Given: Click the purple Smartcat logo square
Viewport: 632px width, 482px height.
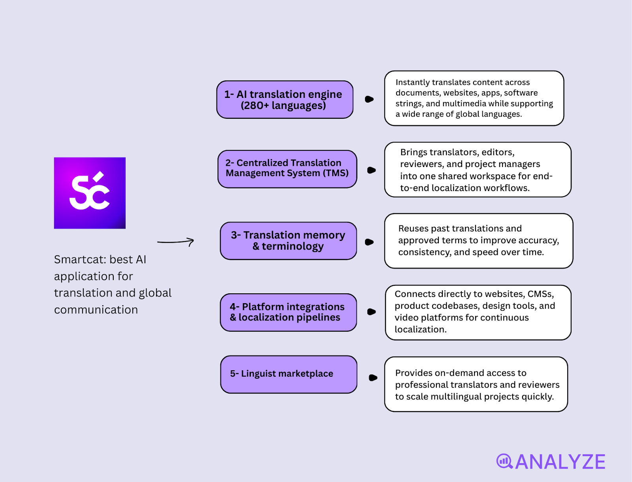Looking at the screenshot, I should coord(90,193).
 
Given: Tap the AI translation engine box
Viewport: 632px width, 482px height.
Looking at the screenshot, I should coord(285,99).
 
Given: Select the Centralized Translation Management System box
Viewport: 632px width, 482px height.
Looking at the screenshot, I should coord(287,169).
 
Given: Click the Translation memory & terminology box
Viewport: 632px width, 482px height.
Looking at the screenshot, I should coord(288,241).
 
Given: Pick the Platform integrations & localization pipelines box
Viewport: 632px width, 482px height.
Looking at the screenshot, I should coord(288,312).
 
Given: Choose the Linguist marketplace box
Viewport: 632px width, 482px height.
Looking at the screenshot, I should coord(289,374).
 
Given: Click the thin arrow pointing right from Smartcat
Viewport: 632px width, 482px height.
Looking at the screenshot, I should coord(176,242).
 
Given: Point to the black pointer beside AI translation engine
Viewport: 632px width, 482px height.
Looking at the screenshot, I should coord(369,99).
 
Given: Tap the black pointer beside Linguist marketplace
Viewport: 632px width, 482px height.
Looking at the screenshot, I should coord(373,378).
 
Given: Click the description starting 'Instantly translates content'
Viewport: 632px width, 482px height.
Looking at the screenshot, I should coord(474,98).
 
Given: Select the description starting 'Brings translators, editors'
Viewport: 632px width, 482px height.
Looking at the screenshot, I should coord(478,170).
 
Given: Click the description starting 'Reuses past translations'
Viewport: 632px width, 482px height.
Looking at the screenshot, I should coord(478,241).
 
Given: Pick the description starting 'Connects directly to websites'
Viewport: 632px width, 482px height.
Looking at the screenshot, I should coord(478,312).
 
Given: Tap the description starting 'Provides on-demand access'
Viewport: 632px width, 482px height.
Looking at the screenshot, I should coord(476,384).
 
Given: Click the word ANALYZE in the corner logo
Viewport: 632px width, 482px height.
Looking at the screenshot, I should coord(560,462).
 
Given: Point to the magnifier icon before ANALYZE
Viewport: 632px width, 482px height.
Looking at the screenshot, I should coord(504,461).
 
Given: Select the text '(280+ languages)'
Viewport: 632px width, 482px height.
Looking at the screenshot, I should coord(283,106).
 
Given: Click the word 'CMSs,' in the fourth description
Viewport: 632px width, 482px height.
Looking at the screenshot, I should coord(541,294).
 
